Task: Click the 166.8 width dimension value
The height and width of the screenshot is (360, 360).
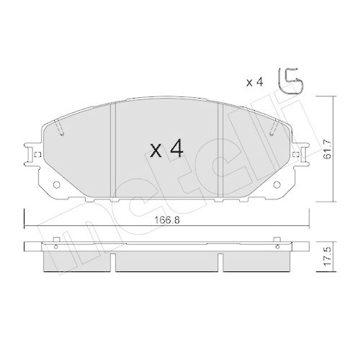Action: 167,220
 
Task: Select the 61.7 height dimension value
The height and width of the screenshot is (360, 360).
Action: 327,149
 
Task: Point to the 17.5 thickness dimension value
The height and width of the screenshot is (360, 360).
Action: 327,256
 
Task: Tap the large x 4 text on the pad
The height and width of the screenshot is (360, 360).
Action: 166,149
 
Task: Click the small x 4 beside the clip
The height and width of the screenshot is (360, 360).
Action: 255,83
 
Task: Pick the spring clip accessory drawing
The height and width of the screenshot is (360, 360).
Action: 290,81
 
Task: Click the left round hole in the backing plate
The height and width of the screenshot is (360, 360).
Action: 56,184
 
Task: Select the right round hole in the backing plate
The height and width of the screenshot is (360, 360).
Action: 276,184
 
